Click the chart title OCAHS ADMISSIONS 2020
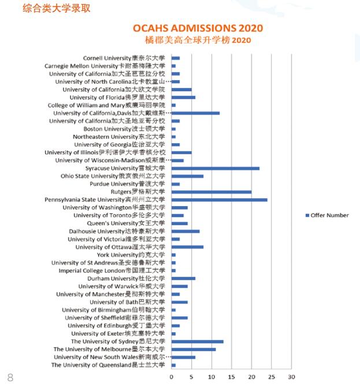[x=198, y=28]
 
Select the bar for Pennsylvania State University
[x=219, y=200]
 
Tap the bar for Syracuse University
[x=215, y=168]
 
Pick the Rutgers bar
[x=211, y=192]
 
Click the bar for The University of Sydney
[x=197, y=341]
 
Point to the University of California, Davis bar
[x=195, y=113]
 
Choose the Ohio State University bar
[x=187, y=176]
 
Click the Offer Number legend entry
[x=326, y=215]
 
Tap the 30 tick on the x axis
[x=291, y=377]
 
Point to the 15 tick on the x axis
[x=231, y=377]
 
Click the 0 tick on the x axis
[x=171, y=377]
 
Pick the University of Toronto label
[x=119, y=215]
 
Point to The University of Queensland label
[x=109, y=365]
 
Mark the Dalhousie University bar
[x=185, y=231]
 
